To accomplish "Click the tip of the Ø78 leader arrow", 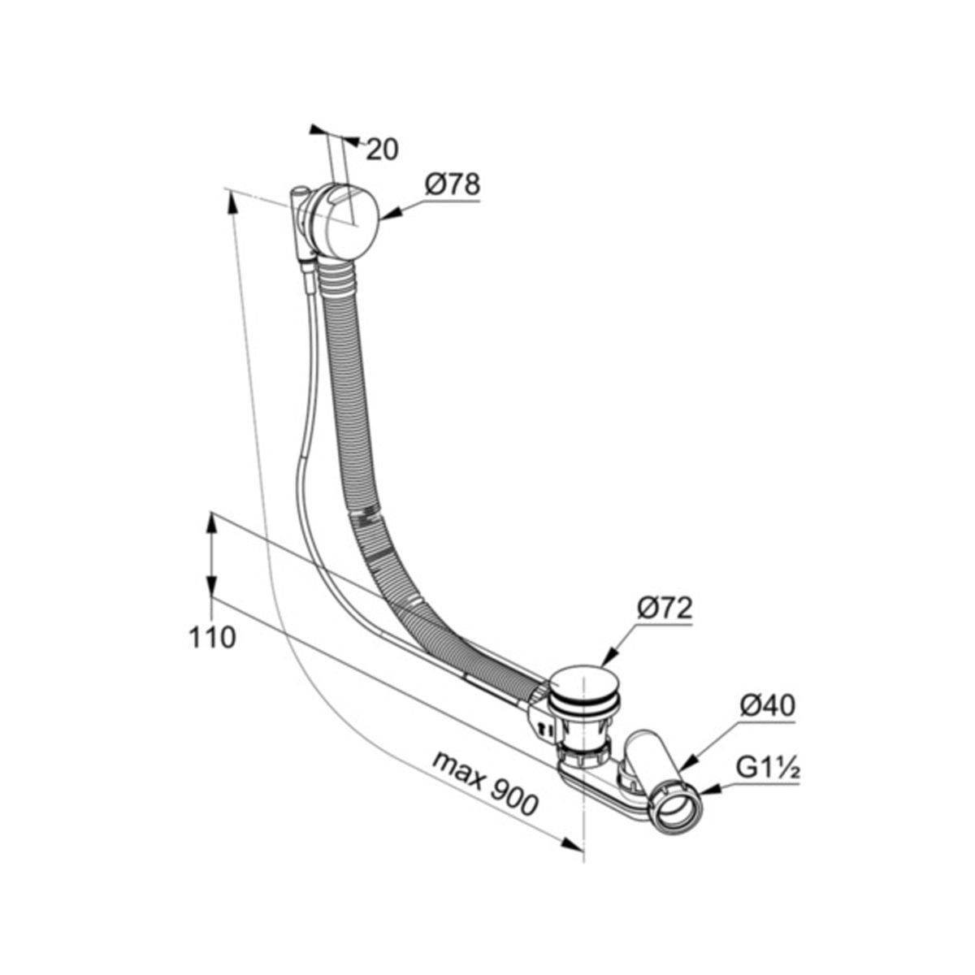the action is coord(380,219).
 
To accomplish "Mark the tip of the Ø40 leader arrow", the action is coord(679,785).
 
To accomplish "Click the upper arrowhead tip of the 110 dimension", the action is coord(212,513).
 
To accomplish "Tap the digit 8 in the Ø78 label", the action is coord(468,184).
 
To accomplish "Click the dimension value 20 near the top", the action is coord(382,149).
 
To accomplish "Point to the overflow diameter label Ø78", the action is coord(453,184).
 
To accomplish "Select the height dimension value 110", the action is coord(213,638).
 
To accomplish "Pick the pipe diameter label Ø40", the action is coord(768,705).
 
